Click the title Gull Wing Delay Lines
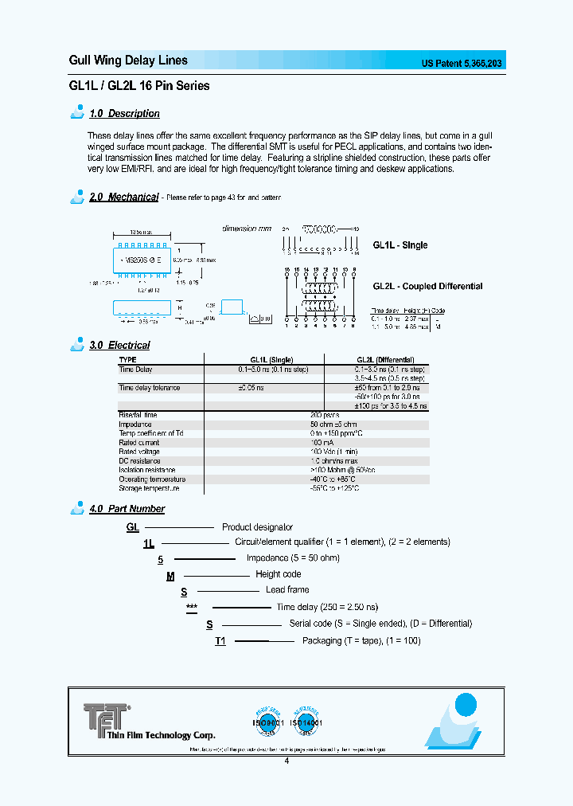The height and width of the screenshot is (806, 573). click(128, 61)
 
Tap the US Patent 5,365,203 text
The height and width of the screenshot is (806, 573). click(461, 64)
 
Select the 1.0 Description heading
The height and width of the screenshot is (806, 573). click(124, 114)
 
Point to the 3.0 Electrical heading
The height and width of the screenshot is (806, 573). click(119, 345)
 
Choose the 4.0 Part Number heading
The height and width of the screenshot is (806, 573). click(127, 508)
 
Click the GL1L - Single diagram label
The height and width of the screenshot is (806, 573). click(400, 245)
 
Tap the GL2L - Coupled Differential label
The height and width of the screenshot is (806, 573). click(427, 287)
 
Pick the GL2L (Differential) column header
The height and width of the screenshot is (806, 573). click(385, 360)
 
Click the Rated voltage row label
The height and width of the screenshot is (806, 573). click(139, 452)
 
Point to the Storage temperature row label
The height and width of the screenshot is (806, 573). click(151, 488)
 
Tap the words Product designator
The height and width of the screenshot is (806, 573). click(257, 527)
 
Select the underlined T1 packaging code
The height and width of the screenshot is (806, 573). click(220, 641)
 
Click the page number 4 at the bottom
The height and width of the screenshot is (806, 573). click(286, 761)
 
